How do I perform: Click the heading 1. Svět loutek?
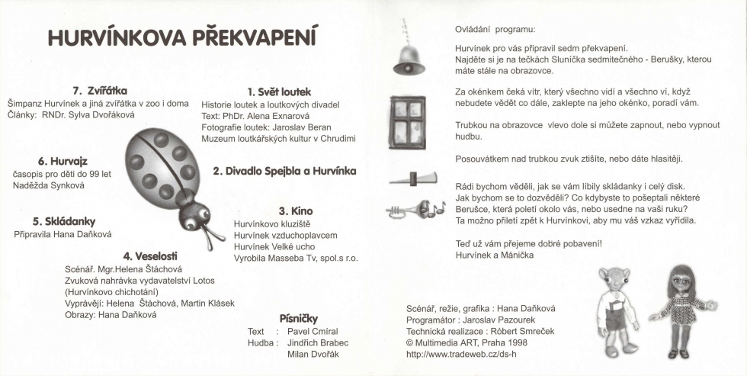279,92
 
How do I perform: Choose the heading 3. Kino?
296,210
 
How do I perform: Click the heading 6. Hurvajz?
63,161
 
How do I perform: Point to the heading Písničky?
298,318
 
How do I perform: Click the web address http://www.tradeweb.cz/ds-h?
461,354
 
